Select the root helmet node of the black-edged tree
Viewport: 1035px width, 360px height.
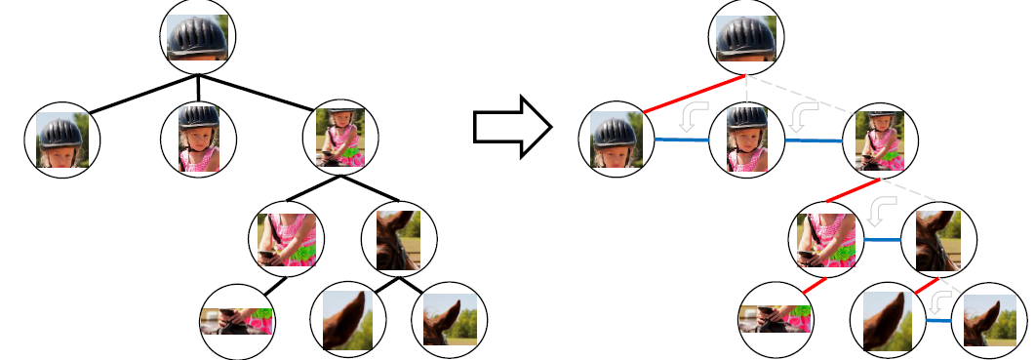coord(199,36)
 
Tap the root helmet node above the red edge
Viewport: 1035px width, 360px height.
coord(746,36)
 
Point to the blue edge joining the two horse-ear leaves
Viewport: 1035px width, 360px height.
coord(938,320)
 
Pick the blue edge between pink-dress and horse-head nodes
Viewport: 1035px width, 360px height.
coord(882,239)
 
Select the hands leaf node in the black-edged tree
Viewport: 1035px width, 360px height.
coord(237,321)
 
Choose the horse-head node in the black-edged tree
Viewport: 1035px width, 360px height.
coord(399,239)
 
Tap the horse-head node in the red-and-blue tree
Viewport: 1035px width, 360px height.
coord(938,239)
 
